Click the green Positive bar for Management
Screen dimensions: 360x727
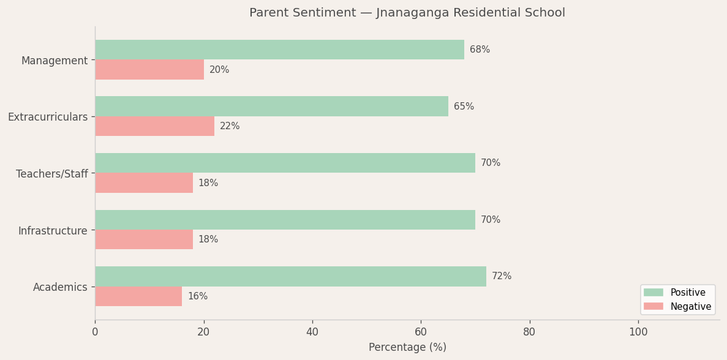(x=279, y=50)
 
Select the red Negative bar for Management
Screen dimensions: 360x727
(x=149, y=70)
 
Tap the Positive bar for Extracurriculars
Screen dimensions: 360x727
(x=271, y=106)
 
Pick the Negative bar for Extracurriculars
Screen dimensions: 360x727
(x=154, y=126)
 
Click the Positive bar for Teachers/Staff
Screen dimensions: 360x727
(x=285, y=163)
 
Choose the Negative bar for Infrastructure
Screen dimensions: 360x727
(x=144, y=239)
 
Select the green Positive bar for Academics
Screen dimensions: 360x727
(x=290, y=276)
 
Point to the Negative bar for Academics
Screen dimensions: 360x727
(x=138, y=296)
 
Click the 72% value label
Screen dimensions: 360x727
(x=502, y=276)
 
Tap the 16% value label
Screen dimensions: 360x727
(x=197, y=296)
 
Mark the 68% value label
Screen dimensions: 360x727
(x=480, y=50)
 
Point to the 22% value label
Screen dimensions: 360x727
(x=230, y=126)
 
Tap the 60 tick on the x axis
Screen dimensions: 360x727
(x=421, y=332)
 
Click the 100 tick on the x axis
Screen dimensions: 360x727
(x=638, y=332)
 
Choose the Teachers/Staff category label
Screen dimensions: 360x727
(x=52, y=174)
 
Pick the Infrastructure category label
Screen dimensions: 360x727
(x=53, y=231)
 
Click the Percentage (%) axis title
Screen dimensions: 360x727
(x=407, y=347)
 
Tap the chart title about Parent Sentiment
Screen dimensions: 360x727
(x=407, y=13)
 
